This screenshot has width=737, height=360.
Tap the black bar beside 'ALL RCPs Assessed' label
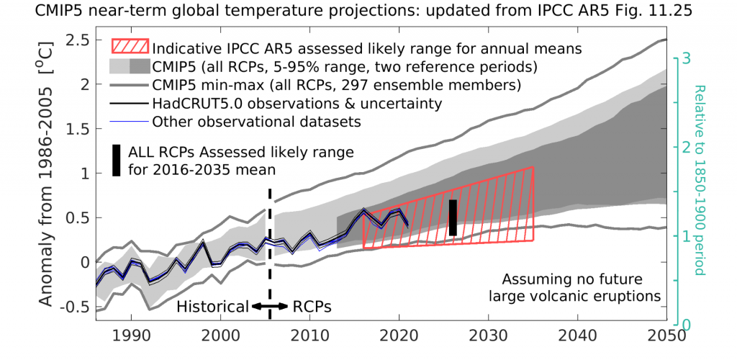tap(116, 161)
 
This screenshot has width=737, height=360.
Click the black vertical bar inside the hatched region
tap(453, 217)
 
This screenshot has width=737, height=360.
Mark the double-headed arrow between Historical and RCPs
tap(268, 306)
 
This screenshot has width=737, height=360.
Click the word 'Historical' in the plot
tap(213, 306)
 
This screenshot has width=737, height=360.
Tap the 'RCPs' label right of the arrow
tap(313, 306)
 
